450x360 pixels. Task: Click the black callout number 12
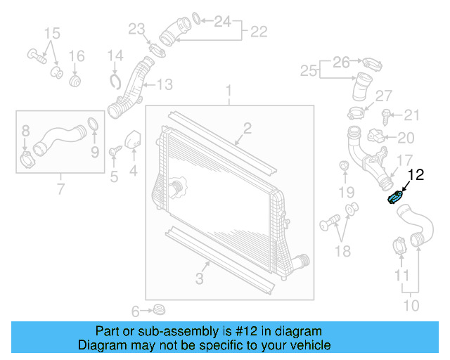click(416, 175)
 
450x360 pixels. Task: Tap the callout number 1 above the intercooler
click(229, 91)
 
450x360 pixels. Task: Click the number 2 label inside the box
click(247, 127)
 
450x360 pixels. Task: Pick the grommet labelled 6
click(159, 309)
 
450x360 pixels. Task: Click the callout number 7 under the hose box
click(60, 189)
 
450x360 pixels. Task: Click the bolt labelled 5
click(113, 150)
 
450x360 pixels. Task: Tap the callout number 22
click(259, 31)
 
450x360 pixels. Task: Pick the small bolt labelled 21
click(386, 114)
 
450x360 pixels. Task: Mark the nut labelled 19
click(345, 166)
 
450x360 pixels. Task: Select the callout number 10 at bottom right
click(411, 305)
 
